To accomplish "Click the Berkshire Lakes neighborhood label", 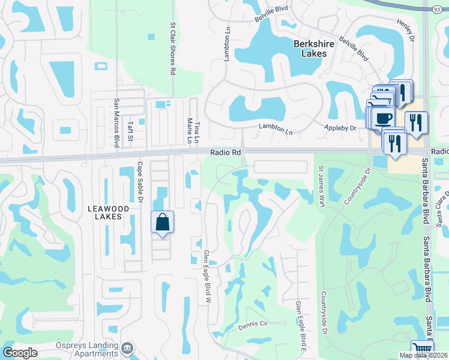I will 310,49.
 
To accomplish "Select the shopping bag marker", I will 162,223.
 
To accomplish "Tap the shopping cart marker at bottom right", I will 421,350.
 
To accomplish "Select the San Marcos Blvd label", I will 116,121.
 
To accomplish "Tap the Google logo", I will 20,352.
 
